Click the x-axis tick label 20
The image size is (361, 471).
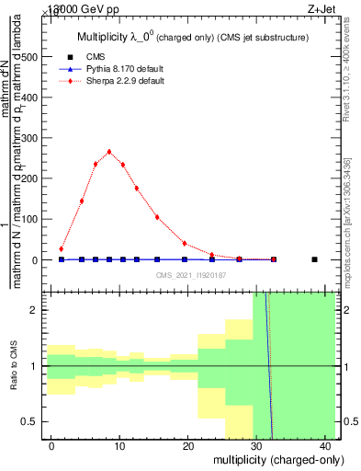pos(189,445)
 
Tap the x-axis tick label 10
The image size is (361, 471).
pos(120,445)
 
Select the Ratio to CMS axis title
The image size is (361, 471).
pos(12,365)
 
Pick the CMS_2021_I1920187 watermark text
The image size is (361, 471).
pos(190,275)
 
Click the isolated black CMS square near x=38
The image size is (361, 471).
pos(314,259)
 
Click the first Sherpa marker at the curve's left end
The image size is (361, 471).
pos(62,249)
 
